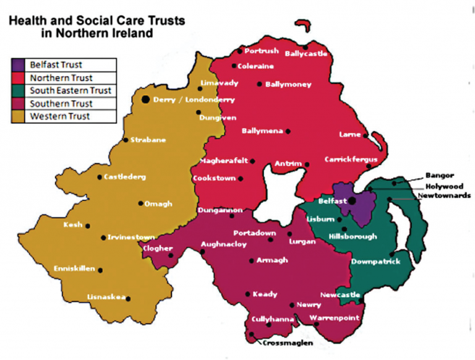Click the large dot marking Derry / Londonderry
[145, 99]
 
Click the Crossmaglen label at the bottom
[288, 342]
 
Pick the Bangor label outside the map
[440, 175]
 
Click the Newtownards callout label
[443, 195]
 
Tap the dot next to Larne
[366, 135]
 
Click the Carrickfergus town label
[350, 160]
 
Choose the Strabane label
[148, 140]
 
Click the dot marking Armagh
[251, 260]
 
